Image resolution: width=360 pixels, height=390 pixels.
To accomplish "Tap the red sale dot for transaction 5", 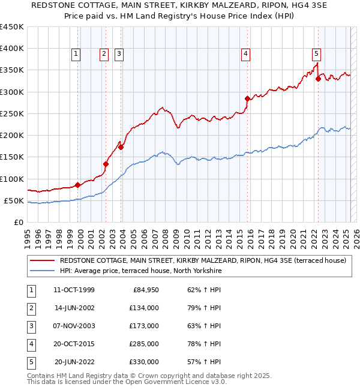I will coord(318,79).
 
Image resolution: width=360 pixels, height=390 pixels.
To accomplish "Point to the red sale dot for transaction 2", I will coord(106,164).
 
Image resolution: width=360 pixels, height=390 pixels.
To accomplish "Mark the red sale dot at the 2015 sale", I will coord(247,98).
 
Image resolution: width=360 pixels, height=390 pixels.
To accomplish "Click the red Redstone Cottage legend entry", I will coord(203,261).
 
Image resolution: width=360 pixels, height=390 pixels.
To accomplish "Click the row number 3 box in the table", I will coord(31,326).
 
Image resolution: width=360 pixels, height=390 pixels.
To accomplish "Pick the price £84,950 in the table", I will coord(144,290).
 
